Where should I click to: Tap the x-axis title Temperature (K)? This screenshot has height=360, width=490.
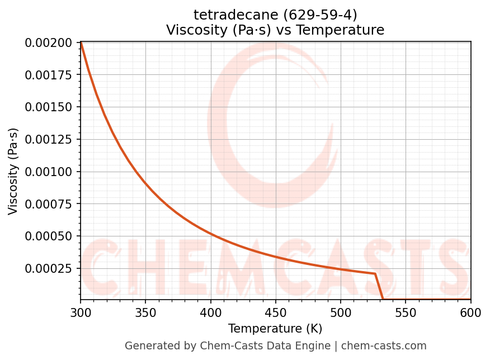click(x=275, y=329)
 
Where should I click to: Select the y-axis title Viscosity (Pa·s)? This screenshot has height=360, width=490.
click(x=13, y=171)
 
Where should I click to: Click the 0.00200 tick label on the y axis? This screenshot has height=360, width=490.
click(x=49, y=43)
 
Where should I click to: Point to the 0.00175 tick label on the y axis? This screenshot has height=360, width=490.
click(x=49, y=75)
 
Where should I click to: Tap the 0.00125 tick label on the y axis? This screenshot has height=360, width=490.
click(x=49, y=139)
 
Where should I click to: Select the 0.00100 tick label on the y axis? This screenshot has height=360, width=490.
click(x=49, y=172)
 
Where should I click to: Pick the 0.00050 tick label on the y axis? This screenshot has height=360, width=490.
click(x=49, y=236)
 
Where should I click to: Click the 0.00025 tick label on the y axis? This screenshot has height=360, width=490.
click(x=49, y=269)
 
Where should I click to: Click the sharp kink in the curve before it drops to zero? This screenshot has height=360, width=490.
click(x=375, y=274)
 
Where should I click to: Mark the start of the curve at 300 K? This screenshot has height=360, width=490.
click(x=81, y=43)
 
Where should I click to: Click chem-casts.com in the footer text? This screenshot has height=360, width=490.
click(x=384, y=346)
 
